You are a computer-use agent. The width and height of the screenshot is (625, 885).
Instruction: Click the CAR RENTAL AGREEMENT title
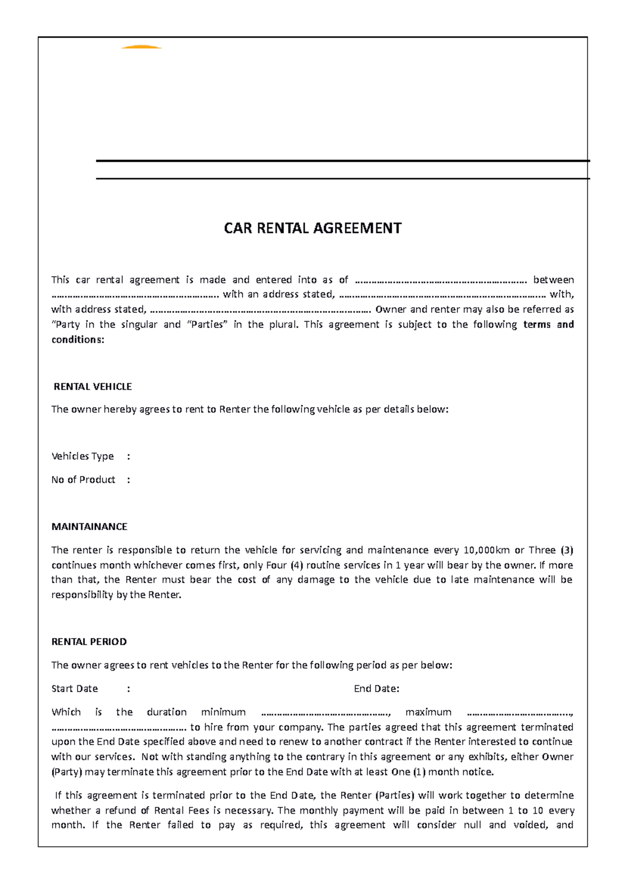pyautogui.click(x=312, y=228)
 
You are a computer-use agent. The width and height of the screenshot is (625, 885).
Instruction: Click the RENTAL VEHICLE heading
pyautogui.click(x=93, y=387)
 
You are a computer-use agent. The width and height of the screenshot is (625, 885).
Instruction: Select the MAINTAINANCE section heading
pyautogui.click(x=89, y=526)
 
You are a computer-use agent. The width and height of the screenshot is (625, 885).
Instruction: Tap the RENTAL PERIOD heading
pyautogui.click(x=89, y=642)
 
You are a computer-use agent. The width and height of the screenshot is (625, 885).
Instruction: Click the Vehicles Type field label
pyautogui.click(x=82, y=456)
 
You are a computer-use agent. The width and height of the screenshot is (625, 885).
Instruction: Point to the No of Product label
pyautogui.click(x=83, y=480)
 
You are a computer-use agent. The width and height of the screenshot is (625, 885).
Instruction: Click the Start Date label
pyautogui.click(x=74, y=689)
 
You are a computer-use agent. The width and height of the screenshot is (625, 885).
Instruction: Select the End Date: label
pyautogui.click(x=377, y=689)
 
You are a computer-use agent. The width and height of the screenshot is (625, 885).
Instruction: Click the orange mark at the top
pyautogui.click(x=141, y=47)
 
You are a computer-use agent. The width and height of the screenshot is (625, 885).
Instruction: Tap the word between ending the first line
pyautogui.click(x=553, y=280)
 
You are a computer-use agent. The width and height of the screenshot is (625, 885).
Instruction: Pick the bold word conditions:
pyautogui.click(x=78, y=339)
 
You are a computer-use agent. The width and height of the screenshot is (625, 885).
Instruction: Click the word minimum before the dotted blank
pyautogui.click(x=223, y=712)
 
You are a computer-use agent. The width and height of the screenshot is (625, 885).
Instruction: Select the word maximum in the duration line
pyautogui.click(x=428, y=712)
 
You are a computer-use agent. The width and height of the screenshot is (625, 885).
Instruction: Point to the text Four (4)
pyautogui.click(x=284, y=565)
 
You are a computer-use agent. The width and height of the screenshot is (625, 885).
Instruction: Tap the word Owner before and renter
pyautogui.click(x=391, y=309)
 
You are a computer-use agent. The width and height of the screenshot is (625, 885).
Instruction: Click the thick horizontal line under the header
pyautogui.click(x=343, y=161)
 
